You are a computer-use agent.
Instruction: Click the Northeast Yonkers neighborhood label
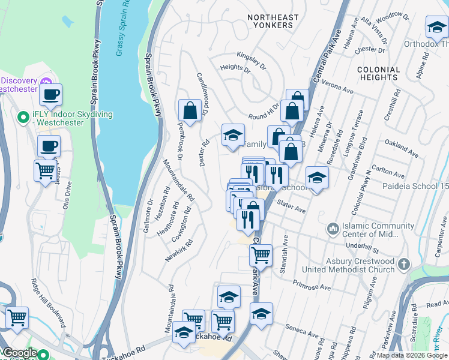(x=270, y=20)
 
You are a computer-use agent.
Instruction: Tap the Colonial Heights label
(x=378, y=73)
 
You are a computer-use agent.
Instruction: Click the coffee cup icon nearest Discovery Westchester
(x=50, y=94)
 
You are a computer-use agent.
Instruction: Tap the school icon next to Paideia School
(x=317, y=178)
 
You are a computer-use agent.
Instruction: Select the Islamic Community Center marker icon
(x=333, y=229)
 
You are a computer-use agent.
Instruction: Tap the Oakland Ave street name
(x=401, y=150)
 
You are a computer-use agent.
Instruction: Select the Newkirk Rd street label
(x=179, y=251)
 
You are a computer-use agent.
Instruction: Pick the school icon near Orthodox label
(x=436, y=27)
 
